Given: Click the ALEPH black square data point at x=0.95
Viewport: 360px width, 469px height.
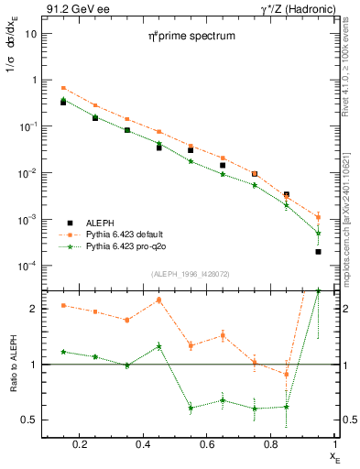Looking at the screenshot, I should coord(318,251).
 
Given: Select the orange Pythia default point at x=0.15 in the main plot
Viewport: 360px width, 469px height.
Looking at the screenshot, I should coord(63,88).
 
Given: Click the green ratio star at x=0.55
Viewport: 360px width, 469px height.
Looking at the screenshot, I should coord(191,408).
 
